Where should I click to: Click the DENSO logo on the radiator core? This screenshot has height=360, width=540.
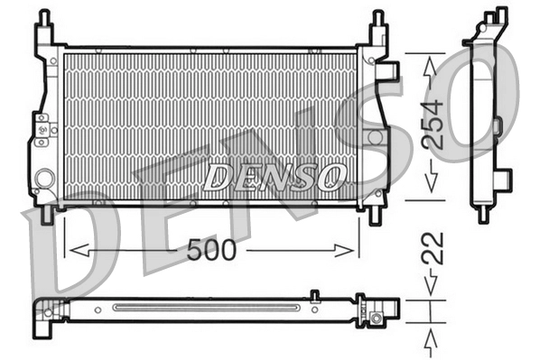[x=275, y=175]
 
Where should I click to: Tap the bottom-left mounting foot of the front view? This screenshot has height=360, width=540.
[x=43, y=215]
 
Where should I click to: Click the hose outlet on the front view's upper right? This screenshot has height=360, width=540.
[x=390, y=70]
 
